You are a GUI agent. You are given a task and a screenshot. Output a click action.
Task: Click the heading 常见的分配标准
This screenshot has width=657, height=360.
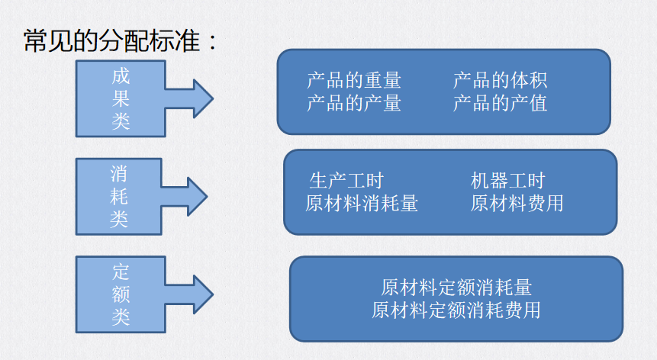click(121, 40)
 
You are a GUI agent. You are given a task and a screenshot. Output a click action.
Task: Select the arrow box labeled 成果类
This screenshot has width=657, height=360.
click(121, 99)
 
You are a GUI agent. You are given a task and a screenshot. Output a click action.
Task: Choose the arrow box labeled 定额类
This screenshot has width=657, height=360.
click(121, 294)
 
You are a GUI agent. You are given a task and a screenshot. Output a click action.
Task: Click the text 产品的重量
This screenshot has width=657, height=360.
click(354, 80)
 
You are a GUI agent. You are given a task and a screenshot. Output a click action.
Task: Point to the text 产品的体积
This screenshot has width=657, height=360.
click(500, 80)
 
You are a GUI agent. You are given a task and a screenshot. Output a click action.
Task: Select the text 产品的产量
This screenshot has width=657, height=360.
click(354, 102)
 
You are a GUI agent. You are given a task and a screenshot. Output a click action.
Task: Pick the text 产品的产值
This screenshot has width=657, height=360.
click(500, 102)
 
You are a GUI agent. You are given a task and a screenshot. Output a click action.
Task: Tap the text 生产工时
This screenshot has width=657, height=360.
click(346, 181)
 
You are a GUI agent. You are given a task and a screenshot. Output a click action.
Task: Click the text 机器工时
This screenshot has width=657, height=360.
click(508, 181)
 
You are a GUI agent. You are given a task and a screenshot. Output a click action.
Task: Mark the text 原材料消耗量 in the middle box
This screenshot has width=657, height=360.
click(362, 203)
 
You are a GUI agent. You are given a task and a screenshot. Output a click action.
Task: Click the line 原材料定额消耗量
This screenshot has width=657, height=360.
click(456, 288)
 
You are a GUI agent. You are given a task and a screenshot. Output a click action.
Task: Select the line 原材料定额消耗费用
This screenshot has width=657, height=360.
click(456, 310)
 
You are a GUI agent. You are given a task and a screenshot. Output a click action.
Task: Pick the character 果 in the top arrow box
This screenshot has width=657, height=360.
click(121, 99)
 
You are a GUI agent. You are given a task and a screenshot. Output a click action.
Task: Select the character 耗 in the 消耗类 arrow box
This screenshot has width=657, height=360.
click(119, 197)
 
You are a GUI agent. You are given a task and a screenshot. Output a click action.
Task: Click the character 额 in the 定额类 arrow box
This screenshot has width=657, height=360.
click(121, 294)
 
